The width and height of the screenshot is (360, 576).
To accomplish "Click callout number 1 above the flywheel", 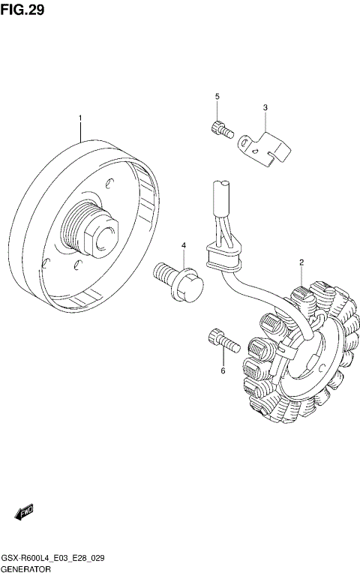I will tap(79, 118).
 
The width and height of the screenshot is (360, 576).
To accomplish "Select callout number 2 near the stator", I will tap(301, 262).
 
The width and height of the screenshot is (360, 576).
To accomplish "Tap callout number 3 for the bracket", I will tap(265, 107).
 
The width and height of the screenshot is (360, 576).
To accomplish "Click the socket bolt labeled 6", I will tap(221, 341).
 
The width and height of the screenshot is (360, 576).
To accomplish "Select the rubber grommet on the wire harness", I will tap(221, 258).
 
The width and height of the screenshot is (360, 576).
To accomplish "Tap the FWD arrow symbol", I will tap(23, 512).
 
